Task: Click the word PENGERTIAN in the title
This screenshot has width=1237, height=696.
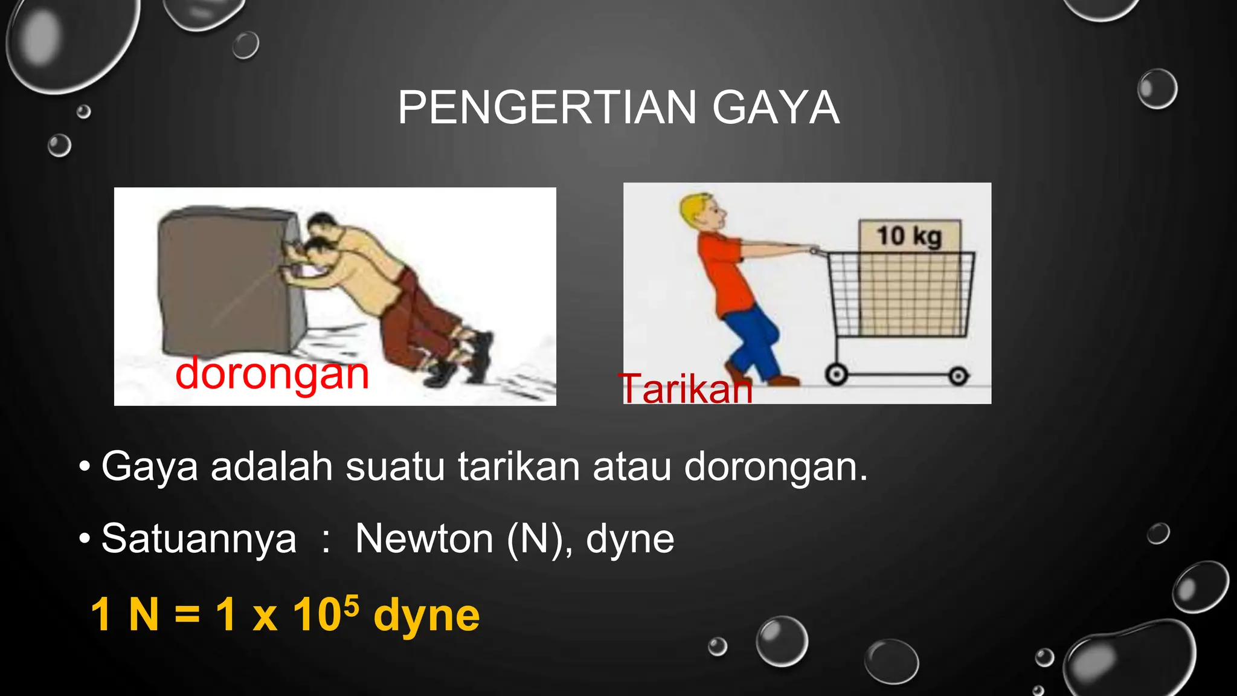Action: tap(547, 108)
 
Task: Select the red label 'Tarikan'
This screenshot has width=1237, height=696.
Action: tap(686, 388)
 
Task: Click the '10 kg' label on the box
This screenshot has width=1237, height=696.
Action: tap(909, 236)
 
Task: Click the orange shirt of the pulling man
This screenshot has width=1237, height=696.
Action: tap(722, 272)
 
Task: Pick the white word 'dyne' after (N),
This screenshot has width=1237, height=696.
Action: tap(629, 539)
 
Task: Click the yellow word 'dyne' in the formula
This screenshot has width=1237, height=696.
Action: tap(426, 616)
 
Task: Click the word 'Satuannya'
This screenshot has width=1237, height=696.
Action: tap(199, 539)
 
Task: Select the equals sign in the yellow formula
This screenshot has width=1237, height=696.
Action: tap(187, 615)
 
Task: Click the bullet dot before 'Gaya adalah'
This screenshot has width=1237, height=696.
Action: tap(85, 466)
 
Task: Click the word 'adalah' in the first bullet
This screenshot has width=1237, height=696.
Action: tap(271, 466)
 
